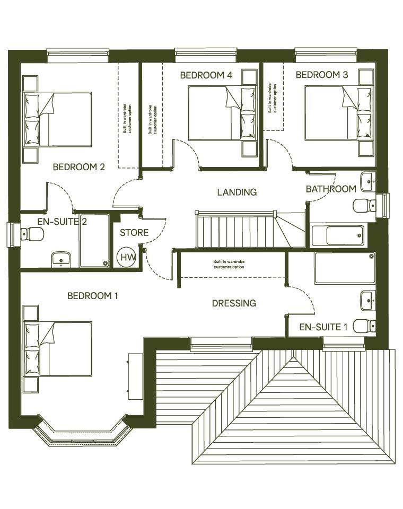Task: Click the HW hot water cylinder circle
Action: click(127, 257)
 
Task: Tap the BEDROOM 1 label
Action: click(93, 295)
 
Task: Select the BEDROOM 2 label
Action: click(79, 167)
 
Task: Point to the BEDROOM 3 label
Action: click(322, 75)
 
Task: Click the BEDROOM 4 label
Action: click(206, 75)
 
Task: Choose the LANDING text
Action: click(236, 192)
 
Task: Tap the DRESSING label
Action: click(234, 303)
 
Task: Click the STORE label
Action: click(134, 233)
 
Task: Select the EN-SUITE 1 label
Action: click(323, 327)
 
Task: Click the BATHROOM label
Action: click(331, 189)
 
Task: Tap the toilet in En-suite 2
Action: click(32, 234)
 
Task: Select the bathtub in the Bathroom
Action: click(338, 235)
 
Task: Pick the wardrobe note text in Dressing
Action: click(229, 264)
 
